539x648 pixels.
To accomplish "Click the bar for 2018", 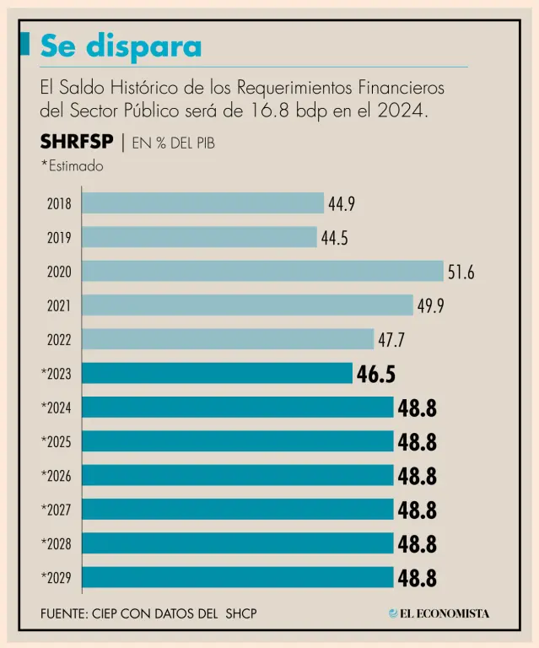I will pyautogui.click(x=203, y=203).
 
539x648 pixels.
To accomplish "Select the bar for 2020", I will pyautogui.click(x=263, y=271).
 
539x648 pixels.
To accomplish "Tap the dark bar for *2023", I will pyautogui.click(x=218, y=373).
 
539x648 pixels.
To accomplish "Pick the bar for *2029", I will pyautogui.click(x=239, y=577).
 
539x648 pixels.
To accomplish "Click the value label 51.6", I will pyautogui.click(x=461, y=273).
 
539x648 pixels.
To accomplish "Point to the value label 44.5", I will pyautogui.click(x=334, y=239).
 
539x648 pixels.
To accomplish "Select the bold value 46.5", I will pyautogui.click(x=375, y=375).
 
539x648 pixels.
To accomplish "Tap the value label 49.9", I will pyautogui.click(x=430, y=306).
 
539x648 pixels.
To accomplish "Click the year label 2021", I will pyautogui.click(x=59, y=306).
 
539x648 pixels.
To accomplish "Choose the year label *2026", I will pyautogui.click(x=57, y=476).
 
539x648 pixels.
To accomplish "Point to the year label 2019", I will pyautogui.click(x=59, y=239).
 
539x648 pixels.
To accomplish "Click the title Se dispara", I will pyautogui.click(x=121, y=46).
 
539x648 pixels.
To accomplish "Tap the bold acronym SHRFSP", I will pyautogui.click(x=77, y=142).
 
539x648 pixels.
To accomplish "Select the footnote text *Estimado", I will pyautogui.click(x=72, y=166).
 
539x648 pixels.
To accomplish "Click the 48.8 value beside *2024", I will pyautogui.click(x=417, y=408).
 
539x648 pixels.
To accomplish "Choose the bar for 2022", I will pyautogui.click(x=228, y=339).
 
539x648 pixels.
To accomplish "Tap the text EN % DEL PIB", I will pyautogui.click(x=174, y=143).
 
